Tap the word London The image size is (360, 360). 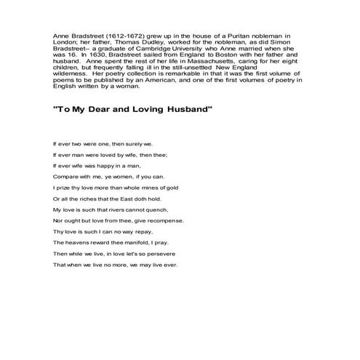tap(66, 41)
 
